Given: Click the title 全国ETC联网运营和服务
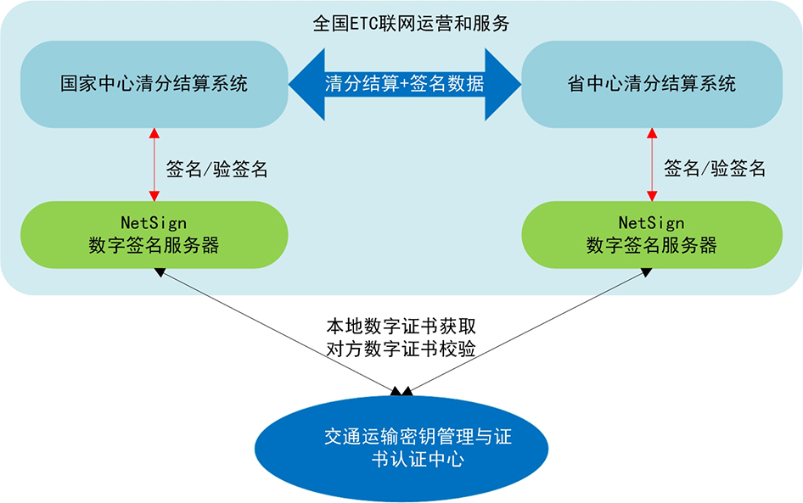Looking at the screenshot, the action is click(x=411, y=24).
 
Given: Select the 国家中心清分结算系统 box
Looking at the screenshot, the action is click(x=154, y=85).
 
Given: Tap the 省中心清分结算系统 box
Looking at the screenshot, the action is click(x=651, y=85).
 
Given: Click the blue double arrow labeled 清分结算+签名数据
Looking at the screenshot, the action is click(x=405, y=85).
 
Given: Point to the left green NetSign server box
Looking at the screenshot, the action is click(x=154, y=234).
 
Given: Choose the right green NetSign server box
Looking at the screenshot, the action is click(x=651, y=234).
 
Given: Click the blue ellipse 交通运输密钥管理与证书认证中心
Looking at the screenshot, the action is click(x=401, y=448).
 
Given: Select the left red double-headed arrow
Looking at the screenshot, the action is click(x=154, y=165).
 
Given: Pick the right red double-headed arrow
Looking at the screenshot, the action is click(x=652, y=165).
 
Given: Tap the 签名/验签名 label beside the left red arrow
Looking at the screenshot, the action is click(x=216, y=169).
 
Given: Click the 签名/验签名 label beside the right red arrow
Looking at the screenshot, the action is click(x=715, y=168).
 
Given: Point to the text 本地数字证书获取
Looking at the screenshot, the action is click(x=401, y=326).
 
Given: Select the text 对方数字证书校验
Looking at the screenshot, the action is click(x=401, y=349).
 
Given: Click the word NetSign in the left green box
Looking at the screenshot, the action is click(x=154, y=223).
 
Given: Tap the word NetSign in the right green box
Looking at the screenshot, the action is click(x=651, y=223).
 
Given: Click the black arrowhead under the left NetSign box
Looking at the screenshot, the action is click(x=160, y=272).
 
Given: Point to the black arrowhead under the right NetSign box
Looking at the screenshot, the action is click(x=647, y=272).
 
